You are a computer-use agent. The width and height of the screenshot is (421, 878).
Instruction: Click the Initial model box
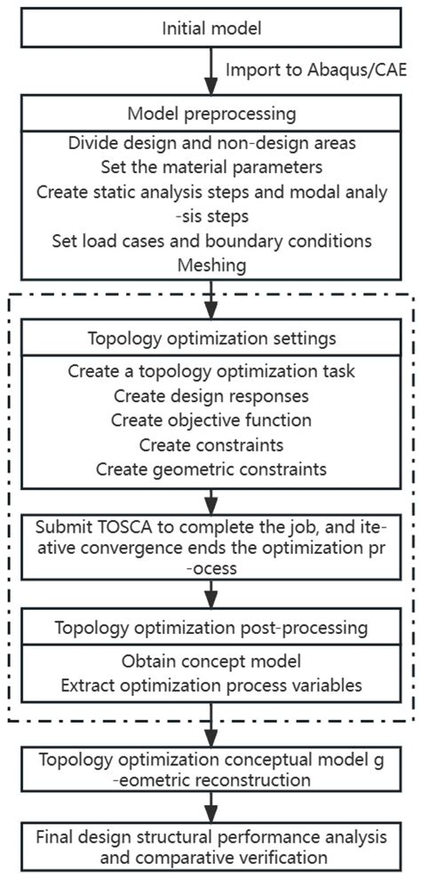coord(211,28)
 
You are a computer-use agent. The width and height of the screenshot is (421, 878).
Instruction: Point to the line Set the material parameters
coord(211,167)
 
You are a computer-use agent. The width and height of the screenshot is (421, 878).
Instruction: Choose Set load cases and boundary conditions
coord(211,240)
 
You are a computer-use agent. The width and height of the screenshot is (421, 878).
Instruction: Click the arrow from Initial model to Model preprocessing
coord(211,70)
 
